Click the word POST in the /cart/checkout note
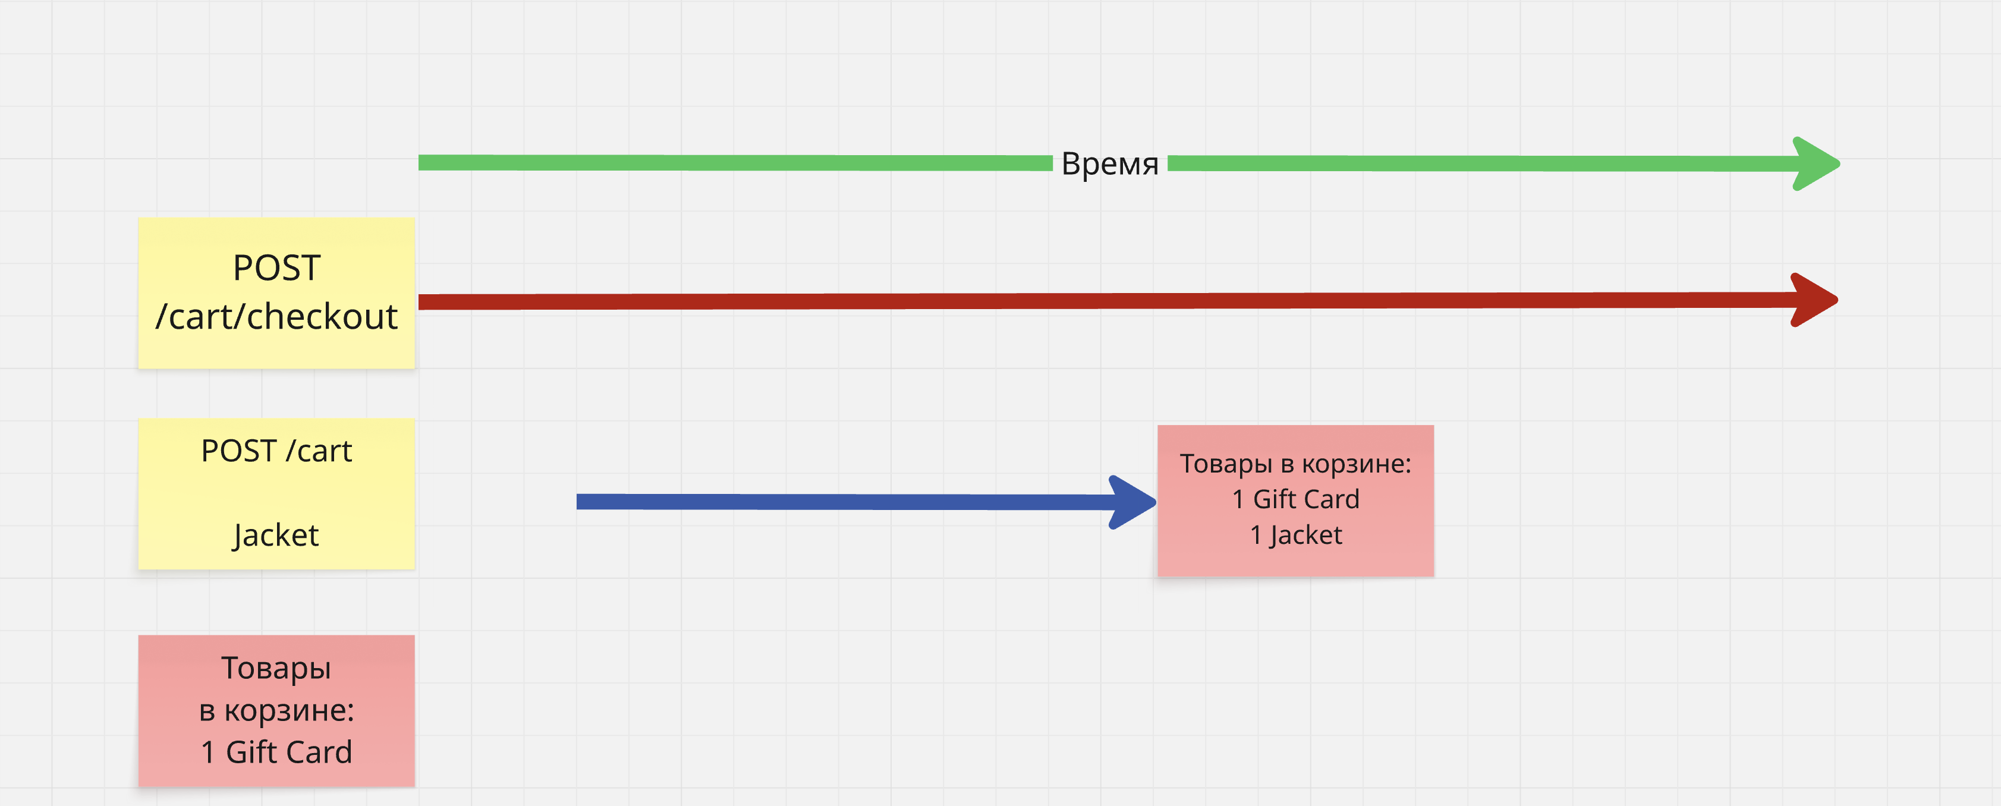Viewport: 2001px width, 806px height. click(276, 269)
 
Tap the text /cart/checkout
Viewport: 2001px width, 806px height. click(276, 317)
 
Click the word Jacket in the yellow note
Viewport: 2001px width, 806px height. click(276, 535)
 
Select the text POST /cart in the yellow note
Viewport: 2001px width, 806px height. click(276, 451)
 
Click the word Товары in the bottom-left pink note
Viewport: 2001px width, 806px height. click(276, 668)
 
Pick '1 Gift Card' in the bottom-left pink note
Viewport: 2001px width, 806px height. click(276, 752)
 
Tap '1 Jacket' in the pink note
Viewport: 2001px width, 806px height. click(1296, 535)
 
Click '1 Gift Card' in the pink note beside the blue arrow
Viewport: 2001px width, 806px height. click(1296, 499)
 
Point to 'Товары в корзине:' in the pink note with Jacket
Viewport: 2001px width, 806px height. click(1296, 464)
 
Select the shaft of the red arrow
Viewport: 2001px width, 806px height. click(1087, 301)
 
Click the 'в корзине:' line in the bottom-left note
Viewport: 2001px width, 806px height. click(276, 710)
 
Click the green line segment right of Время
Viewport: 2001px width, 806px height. click(1476, 163)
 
